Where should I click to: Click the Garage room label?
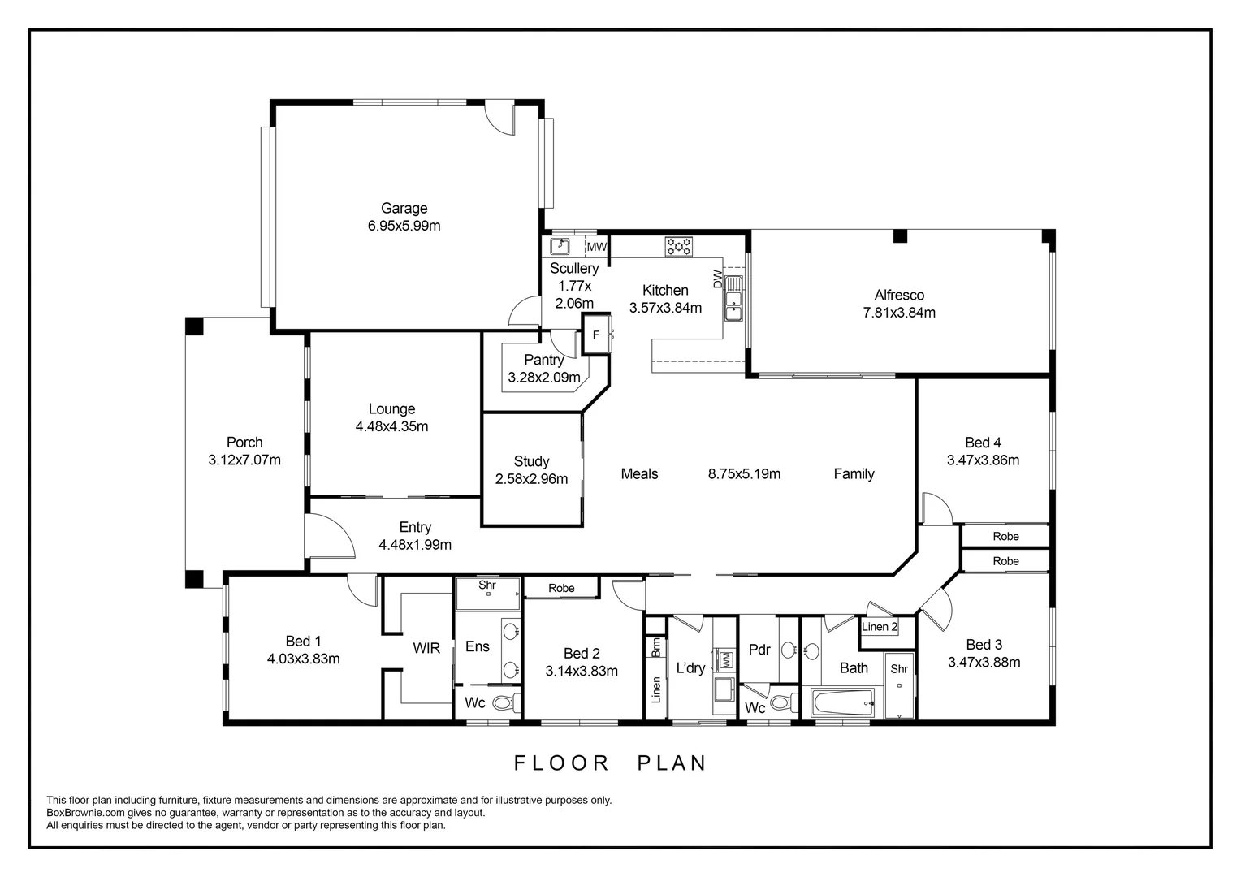point(404,209)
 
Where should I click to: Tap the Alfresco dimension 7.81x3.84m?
point(899,313)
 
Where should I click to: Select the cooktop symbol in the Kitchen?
point(678,246)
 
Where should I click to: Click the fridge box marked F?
point(595,335)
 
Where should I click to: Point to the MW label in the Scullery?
point(596,248)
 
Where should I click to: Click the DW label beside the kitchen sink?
point(717,279)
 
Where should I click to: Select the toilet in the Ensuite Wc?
point(507,703)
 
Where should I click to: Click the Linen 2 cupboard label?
point(880,627)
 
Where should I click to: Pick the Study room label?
point(531,461)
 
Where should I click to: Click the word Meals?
point(639,474)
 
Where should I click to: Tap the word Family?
point(854,474)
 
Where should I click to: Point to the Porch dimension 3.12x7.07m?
point(244,460)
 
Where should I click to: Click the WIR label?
point(426,648)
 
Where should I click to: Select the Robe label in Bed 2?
point(561,588)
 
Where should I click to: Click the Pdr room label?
point(759,650)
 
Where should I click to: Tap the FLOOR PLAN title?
point(611,763)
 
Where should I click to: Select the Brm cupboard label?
point(655,647)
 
